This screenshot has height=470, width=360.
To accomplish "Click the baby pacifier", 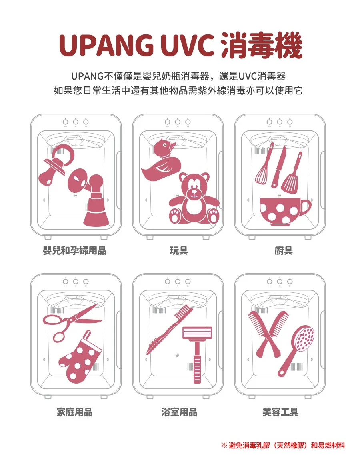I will (x=54, y=166).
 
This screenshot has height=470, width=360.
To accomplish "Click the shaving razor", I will (x=197, y=348).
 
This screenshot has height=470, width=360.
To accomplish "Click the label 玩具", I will (x=179, y=251).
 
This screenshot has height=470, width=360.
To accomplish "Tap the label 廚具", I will (x=283, y=251).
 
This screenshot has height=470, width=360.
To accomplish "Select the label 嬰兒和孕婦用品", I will (x=74, y=251).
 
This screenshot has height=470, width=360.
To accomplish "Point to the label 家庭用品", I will (x=74, y=412).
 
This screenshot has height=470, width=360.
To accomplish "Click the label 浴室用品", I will (x=179, y=412).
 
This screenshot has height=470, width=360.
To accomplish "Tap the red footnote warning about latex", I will (x=283, y=445).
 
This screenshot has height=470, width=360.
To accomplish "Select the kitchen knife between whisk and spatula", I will (x=278, y=167).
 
